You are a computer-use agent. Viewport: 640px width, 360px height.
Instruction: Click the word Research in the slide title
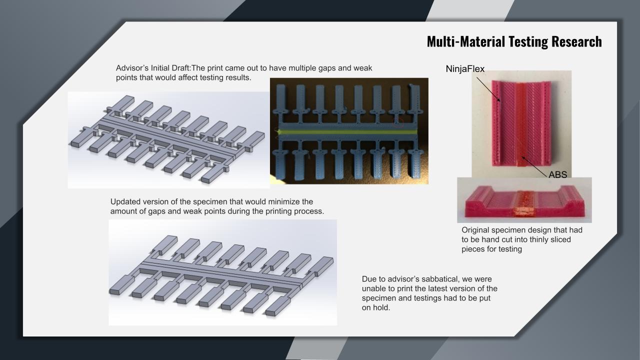coord(576,41)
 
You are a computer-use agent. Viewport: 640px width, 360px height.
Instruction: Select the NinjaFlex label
coord(465,69)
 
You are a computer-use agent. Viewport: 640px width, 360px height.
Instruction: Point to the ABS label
coord(557,174)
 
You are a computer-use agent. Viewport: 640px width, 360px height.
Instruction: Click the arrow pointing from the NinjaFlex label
coord(488,89)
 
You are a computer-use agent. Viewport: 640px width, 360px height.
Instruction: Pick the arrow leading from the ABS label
coord(534,166)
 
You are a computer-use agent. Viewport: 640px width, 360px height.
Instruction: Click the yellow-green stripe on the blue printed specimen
coord(349,132)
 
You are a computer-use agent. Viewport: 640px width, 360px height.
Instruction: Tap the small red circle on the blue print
coord(398,123)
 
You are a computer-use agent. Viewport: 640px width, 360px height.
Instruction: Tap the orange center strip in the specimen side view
coord(523,203)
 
